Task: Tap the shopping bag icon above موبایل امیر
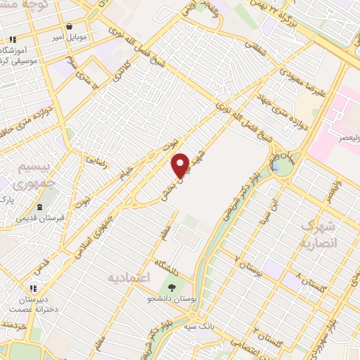click(69, 26)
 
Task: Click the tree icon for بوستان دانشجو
click(172, 288)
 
